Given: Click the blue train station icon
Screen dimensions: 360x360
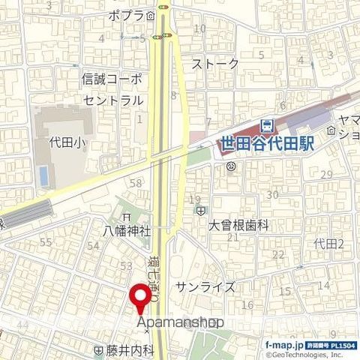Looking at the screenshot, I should coord(265,126).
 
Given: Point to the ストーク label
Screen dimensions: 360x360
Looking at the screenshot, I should coord(215,64).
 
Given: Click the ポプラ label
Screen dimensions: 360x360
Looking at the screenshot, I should coord(125,15).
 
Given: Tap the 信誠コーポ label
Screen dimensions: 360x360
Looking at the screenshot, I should coord(111,77).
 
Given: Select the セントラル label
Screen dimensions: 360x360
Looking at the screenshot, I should coord(112,100).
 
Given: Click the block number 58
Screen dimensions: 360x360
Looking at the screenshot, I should coord(136,184).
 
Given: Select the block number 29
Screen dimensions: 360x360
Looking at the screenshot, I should coord(325,175).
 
